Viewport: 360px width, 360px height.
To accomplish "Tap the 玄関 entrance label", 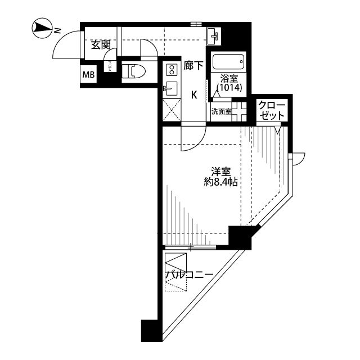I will click(x=101, y=46).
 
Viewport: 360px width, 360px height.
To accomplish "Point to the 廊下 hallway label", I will click(x=193, y=66).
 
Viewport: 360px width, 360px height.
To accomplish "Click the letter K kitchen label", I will click(x=193, y=94).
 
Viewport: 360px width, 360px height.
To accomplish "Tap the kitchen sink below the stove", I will click(x=171, y=89).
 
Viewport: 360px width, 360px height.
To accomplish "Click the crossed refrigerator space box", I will click(x=171, y=110).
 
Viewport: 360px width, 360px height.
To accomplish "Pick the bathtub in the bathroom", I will click(x=228, y=61).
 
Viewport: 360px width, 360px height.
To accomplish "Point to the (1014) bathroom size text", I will click(x=229, y=88).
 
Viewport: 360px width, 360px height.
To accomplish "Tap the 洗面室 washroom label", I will click(x=221, y=111).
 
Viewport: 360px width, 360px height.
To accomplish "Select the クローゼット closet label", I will click(x=272, y=110).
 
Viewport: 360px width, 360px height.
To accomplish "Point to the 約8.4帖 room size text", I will click(x=220, y=182).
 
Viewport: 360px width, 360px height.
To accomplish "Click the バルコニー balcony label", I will click(x=188, y=275).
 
